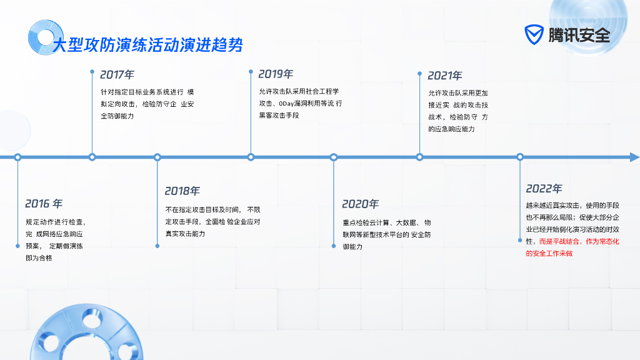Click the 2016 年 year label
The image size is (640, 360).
pyautogui.click(x=44, y=204)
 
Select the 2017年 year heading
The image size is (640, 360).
pyautogui.click(x=117, y=75)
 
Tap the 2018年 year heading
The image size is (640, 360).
pyautogui.click(x=182, y=191)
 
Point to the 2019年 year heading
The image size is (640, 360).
pyautogui.click(x=276, y=74)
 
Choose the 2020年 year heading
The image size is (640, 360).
pyautogui.click(x=360, y=204)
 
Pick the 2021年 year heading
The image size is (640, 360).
pyautogui.click(x=444, y=76)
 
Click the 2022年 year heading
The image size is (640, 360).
pyautogui.click(x=544, y=189)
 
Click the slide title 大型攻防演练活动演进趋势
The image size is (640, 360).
pyautogui.click(x=147, y=45)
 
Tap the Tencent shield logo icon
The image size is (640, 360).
pyautogui.click(x=534, y=35)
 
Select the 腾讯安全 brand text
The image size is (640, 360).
pyautogui.click(x=579, y=35)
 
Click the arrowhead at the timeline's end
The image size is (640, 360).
pyautogui.click(x=634, y=157)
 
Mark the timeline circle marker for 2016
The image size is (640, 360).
pyautogui.click(x=17, y=157)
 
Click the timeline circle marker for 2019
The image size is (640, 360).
pyautogui.click(x=251, y=157)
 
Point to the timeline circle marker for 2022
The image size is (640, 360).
pyautogui.click(x=520, y=157)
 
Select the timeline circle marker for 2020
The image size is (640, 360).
pyautogui.click(x=334, y=157)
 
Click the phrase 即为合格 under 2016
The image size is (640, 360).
pyautogui.click(x=39, y=257)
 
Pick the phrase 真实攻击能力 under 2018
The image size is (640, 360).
pyautogui.click(x=185, y=234)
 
